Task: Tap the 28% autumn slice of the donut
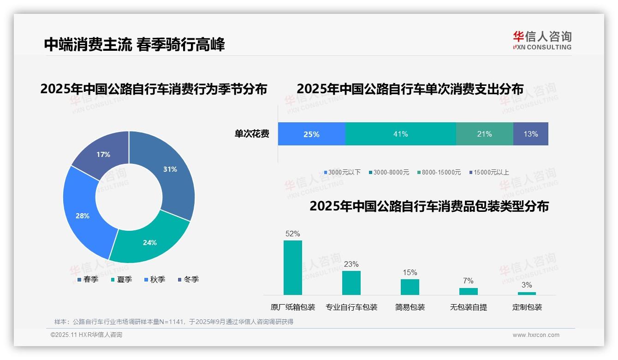[x=83, y=216]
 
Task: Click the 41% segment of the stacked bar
[x=400, y=134]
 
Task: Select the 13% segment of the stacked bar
[x=530, y=134]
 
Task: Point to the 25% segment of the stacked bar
[x=311, y=134]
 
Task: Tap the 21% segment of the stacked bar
[x=484, y=134]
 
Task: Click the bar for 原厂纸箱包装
[x=292, y=268]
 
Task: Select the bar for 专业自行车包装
[x=351, y=282]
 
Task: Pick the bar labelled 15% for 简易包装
[x=410, y=287]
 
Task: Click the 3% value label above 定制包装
[x=526, y=285]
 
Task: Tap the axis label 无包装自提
[x=468, y=307]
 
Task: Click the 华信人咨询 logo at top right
[x=542, y=40]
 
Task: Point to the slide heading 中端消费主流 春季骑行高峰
[x=134, y=45]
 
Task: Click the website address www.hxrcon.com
[x=535, y=335]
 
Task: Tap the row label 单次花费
[x=252, y=134]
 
